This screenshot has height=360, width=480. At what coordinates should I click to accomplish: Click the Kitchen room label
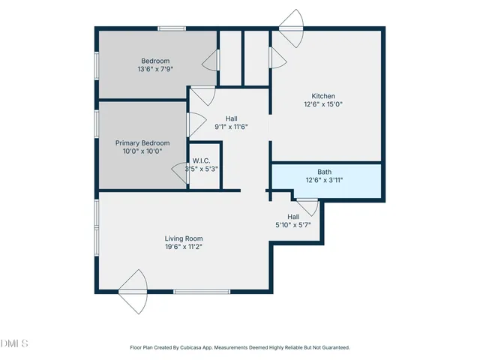pyautogui.click(x=323, y=96)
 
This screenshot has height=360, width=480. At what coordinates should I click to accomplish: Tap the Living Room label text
pyautogui.click(x=184, y=238)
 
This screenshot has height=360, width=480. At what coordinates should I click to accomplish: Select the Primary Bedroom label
pyautogui.click(x=142, y=143)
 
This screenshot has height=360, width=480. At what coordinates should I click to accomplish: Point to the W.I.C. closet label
pyautogui.click(x=201, y=160)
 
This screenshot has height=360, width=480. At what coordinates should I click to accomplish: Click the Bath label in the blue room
pyautogui.click(x=324, y=172)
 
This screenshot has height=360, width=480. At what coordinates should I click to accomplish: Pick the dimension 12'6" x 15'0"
pyautogui.click(x=323, y=104)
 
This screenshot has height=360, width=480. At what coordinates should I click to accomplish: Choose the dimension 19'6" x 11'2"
pyautogui.click(x=184, y=247)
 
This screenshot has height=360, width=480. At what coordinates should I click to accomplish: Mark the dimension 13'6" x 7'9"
pyautogui.click(x=155, y=69)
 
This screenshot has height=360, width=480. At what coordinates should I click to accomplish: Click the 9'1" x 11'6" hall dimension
pyautogui.click(x=232, y=127)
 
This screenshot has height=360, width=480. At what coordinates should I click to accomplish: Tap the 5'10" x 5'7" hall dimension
pyautogui.click(x=293, y=225)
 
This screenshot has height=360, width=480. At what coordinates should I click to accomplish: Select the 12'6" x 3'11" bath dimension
pyautogui.click(x=324, y=180)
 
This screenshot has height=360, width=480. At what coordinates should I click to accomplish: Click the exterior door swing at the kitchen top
pyautogui.click(x=291, y=28)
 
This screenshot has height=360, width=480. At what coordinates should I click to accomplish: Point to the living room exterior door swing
pyautogui.click(x=133, y=292)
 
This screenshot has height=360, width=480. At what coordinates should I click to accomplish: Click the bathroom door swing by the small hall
pyautogui.click(x=307, y=207)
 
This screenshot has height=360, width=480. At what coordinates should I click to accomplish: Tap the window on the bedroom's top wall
pyautogui.click(x=172, y=28)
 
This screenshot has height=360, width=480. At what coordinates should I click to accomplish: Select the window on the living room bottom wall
pyautogui.click(x=202, y=292)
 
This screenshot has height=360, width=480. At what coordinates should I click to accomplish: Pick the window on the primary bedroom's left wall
pyautogui.click(x=97, y=124)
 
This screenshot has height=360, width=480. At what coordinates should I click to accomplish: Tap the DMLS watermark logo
pyautogui.click(x=14, y=343)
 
